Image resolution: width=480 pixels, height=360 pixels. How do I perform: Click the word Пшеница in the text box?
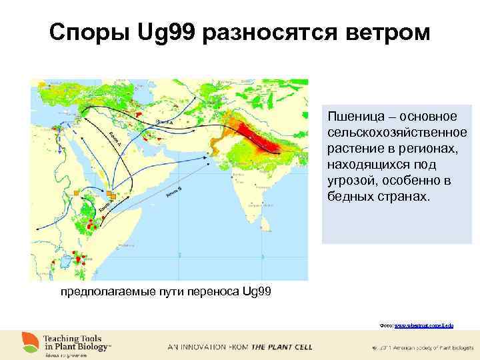click(x=355, y=117)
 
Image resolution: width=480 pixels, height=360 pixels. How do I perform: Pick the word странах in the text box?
click(x=402, y=198)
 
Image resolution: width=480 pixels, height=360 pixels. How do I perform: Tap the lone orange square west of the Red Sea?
click(x=77, y=193)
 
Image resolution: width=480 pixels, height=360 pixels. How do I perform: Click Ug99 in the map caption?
click(x=257, y=291)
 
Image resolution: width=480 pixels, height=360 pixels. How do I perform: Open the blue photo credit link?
click(x=433, y=325)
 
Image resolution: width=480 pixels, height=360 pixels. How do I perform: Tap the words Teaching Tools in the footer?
click(x=73, y=339)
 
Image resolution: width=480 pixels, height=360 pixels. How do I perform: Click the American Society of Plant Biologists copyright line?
click(x=420, y=347)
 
